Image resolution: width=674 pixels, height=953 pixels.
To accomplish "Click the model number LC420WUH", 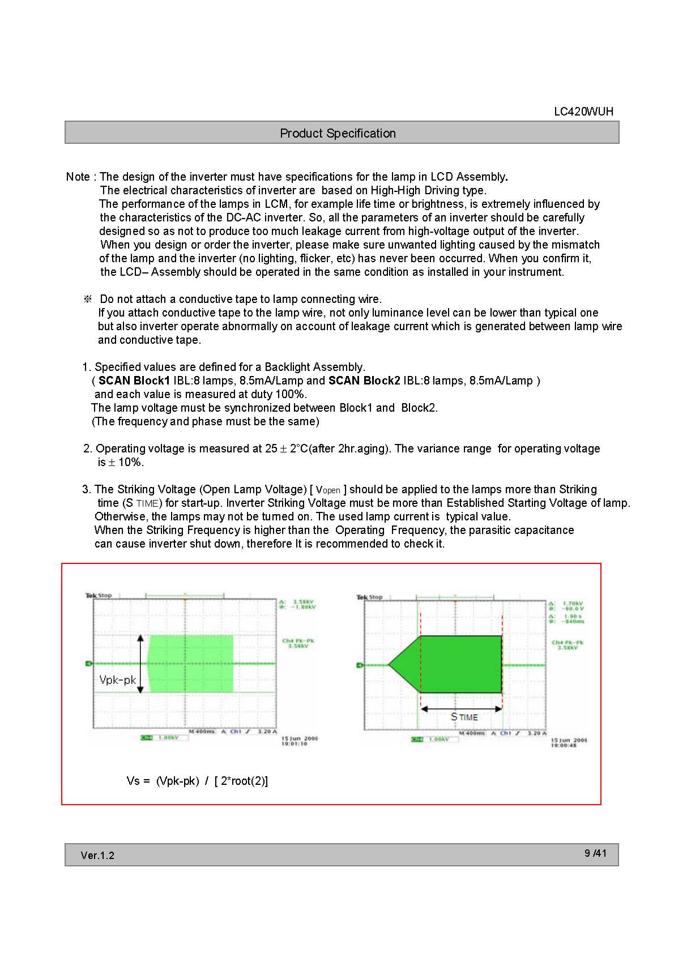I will (583, 112).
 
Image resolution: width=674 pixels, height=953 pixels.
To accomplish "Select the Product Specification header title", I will (338, 133).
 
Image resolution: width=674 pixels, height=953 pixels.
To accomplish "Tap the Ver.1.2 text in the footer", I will (97, 855).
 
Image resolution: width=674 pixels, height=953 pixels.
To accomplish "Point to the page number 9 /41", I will (595, 853).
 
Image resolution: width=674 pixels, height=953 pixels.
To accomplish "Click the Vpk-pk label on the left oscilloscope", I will (117, 680).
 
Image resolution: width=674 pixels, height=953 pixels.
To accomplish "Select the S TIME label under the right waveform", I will (464, 717).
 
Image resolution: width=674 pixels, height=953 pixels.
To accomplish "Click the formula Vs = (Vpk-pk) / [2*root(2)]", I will (197, 781).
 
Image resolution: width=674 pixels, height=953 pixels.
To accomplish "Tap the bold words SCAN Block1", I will (134, 381).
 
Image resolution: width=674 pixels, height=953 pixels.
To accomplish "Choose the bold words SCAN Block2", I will (364, 381).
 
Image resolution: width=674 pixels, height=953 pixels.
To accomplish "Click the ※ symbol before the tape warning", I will (88, 299).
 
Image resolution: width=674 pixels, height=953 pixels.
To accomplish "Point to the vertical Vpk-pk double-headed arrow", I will (141, 664).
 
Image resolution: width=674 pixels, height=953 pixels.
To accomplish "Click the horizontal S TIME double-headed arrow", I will (462, 708).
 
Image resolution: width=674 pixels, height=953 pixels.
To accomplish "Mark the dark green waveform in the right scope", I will (459, 664).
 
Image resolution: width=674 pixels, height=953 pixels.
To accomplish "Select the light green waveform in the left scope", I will (191, 664).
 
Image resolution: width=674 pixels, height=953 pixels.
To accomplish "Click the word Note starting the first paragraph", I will (78, 177).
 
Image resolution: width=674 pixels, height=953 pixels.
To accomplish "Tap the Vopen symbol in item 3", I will (328, 490).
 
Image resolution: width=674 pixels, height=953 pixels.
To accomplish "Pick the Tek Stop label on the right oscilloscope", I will (369, 597).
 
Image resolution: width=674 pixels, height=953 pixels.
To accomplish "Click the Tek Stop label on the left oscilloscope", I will (99, 595).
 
